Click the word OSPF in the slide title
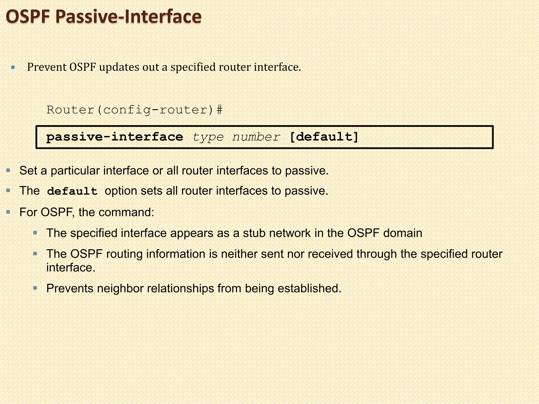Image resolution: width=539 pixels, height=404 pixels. tap(28, 17)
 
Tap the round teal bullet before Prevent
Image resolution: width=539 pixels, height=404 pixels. tap(13, 68)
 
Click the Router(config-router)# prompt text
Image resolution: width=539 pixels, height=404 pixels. tap(134, 110)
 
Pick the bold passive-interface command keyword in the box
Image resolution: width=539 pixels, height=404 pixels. tap(114, 137)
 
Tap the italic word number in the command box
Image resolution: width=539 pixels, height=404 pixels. tap(256, 137)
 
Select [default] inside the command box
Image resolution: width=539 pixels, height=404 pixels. tap(324, 137)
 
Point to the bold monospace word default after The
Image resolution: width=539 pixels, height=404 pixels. tap(72, 191)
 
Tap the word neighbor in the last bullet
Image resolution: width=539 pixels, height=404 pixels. tap(120, 289)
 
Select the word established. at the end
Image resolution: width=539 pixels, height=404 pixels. tap(310, 289)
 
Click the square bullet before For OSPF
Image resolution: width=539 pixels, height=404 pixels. tap(8, 212)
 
